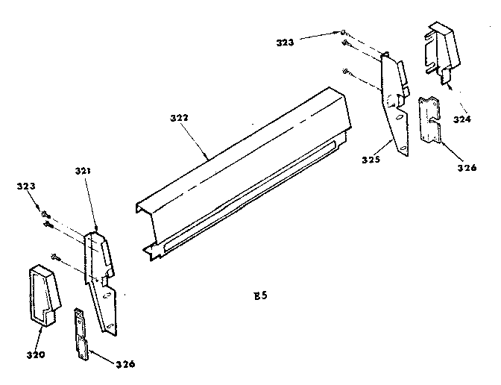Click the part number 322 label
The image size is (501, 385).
pos(179,118)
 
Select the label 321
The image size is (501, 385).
pos(83,171)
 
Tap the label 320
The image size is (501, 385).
pos(36,354)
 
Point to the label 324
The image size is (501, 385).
pos(462,119)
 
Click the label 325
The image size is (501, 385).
pos(371,160)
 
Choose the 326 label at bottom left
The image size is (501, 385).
pos(125,364)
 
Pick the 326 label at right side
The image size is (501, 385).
pos(467,168)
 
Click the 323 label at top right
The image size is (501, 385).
pos(285,43)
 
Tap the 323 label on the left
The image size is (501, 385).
pos(26,186)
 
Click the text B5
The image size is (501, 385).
pos(260,295)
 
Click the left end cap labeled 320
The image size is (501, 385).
pos(45,295)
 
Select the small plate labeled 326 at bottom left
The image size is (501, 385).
pos(81,334)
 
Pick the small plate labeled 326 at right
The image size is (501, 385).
pos(429,120)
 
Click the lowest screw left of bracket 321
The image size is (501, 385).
pos(55,257)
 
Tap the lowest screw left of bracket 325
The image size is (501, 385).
pos(347,72)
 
